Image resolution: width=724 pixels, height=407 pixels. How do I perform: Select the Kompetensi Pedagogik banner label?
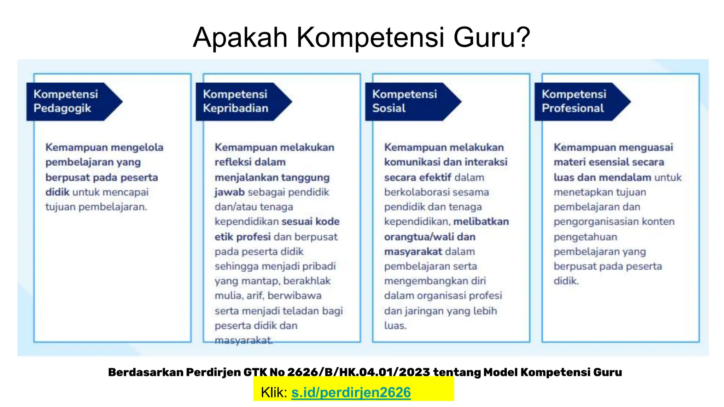pyautogui.click(x=66, y=101)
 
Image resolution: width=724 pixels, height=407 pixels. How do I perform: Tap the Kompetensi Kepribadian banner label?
pyautogui.click(x=235, y=101)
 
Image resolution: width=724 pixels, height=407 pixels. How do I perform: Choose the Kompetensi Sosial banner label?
pyautogui.click(x=404, y=101)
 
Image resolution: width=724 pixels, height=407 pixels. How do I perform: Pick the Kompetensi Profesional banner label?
pyautogui.click(x=574, y=101)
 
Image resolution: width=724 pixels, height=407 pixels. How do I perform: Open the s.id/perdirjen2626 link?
pyautogui.click(x=351, y=393)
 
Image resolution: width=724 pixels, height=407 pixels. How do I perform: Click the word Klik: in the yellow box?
pyautogui.click(x=274, y=393)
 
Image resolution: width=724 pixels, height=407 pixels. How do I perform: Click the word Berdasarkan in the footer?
pyautogui.click(x=145, y=372)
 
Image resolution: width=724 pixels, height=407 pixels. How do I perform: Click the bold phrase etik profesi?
pyautogui.click(x=243, y=237)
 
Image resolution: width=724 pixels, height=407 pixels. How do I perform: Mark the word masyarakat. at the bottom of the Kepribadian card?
pyautogui.click(x=244, y=341)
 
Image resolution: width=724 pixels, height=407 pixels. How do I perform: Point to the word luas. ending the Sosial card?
pyautogui.click(x=395, y=326)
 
